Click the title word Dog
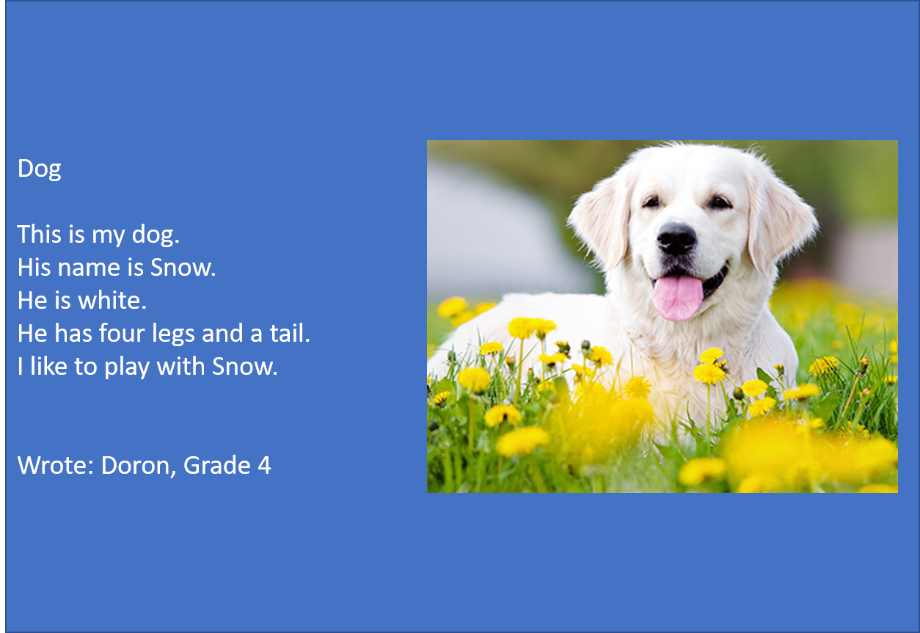[40, 169]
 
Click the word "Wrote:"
[56, 466]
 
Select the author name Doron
[136, 466]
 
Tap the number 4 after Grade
[264, 466]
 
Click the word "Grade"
[217, 466]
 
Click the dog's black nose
[676, 238]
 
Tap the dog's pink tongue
[677, 298]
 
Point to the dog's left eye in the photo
[651, 202]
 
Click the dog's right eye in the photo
[720, 202]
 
